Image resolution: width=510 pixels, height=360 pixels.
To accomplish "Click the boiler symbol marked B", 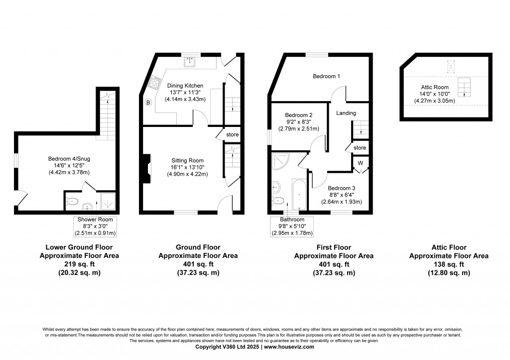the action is click(148, 103).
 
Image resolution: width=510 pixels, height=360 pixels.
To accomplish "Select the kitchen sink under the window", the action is click(189, 62).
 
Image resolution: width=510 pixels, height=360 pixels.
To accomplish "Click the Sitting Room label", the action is click(187, 160).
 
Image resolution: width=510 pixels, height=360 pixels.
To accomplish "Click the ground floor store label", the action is click(232, 134).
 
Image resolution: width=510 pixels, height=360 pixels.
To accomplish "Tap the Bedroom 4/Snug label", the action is click(69, 159).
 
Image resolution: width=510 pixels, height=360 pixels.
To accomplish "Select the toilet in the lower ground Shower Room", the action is click(72, 202).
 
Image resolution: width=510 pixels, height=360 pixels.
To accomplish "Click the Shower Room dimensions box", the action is click(95, 227).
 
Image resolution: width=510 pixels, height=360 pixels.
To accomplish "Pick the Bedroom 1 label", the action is click(326, 76).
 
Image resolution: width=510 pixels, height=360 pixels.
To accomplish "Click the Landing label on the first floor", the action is click(346, 113).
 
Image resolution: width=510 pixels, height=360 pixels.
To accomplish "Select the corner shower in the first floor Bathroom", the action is click(280, 162).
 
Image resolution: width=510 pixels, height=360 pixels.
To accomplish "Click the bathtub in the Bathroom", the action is click(299, 194).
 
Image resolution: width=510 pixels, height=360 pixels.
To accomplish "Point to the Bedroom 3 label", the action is click(342, 188).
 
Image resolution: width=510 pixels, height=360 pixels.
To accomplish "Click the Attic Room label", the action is click(434, 87).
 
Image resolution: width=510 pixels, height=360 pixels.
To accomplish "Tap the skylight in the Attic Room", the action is click(451, 66).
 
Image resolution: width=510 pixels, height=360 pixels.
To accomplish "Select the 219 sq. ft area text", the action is click(79, 264).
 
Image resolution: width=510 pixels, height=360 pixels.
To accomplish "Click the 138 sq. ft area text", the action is click(449, 264).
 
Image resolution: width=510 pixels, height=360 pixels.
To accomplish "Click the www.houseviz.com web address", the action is click(289, 347).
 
